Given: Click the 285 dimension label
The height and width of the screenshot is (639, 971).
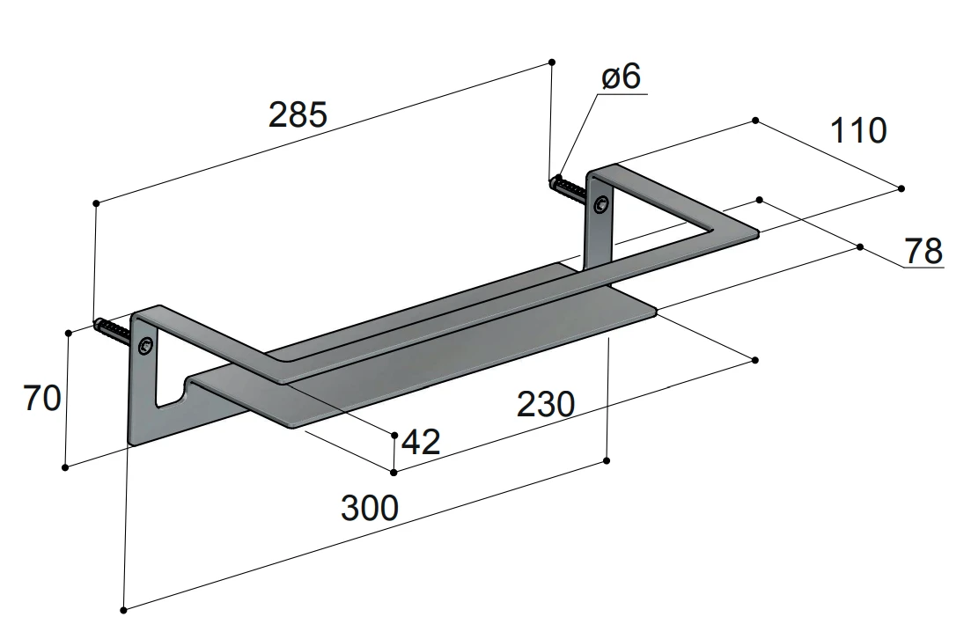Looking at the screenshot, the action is [x=298, y=115].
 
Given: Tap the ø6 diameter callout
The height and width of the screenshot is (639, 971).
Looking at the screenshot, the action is [x=622, y=77].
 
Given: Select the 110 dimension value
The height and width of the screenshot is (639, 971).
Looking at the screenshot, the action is [x=857, y=130].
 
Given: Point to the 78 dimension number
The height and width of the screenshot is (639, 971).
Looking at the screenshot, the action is [x=923, y=251].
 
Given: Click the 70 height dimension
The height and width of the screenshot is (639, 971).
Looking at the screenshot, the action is [x=42, y=398].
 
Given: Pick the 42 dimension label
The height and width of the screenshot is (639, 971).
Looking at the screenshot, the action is [x=421, y=442].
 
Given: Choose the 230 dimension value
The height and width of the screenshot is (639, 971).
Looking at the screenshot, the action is [x=546, y=404].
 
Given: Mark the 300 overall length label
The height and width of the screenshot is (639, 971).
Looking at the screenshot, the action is [x=370, y=509].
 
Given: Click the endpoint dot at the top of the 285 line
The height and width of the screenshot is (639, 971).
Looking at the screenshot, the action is [x=552, y=62].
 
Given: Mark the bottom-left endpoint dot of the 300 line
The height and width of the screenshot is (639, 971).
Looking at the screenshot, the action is [x=124, y=610].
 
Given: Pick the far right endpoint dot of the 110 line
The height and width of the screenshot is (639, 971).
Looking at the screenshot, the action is [x=901, y=188].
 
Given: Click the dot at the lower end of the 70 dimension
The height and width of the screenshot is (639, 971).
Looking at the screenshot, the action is [x=66, y=467].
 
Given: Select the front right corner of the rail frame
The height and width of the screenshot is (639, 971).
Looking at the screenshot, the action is [x=757, y=233].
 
